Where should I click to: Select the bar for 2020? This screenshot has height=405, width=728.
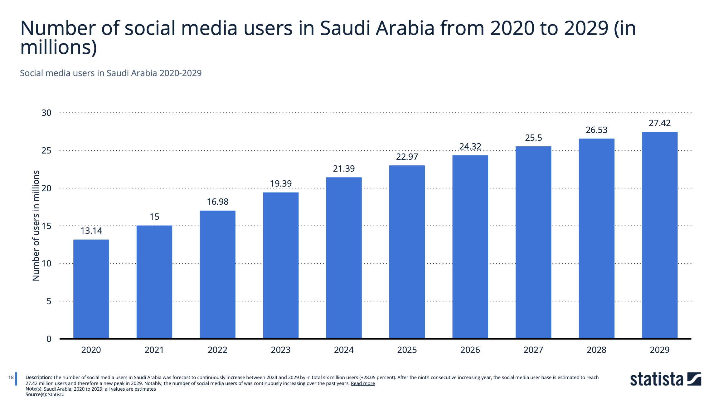pos(91,289)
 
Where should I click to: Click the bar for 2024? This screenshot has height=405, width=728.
pos(344,258)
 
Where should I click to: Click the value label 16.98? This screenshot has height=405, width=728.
pos(217,202)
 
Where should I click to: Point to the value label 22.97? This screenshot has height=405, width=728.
pos(407,157)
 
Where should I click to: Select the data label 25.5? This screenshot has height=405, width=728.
pos(533,138)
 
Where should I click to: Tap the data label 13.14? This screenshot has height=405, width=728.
pos(91,231)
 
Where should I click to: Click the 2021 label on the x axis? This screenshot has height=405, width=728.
pos(154,350)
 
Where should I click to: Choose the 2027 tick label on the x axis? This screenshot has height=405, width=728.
pos(533,350)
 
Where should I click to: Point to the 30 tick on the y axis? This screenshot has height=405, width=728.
pos(46,113)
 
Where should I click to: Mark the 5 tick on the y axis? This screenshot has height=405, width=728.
pos(49,301)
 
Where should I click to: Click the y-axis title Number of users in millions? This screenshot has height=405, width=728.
pos(36,225)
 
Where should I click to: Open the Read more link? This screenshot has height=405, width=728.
pos(363,383)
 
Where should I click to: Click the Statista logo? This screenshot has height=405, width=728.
pos(665,379)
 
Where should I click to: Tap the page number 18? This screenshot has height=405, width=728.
pos(11,378)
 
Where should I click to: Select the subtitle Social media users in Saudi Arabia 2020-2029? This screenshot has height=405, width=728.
pos(111,73)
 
